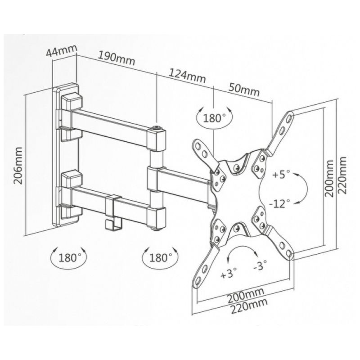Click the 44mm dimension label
(61, 51)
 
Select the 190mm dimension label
(117, 58)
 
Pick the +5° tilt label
(282, 175)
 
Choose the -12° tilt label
(279, 203)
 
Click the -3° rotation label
(260, 265)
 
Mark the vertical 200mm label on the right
(329, 178)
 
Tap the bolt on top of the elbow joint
(157, 128)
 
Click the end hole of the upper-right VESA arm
(289, 118)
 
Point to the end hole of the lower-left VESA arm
(198, 280)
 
